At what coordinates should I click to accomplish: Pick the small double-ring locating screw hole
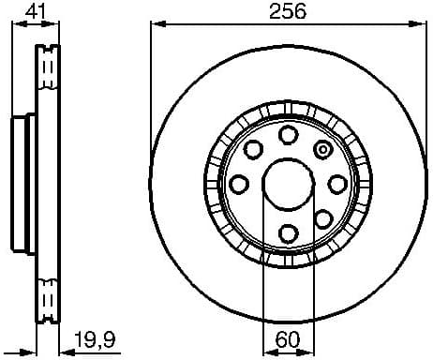(324, 148)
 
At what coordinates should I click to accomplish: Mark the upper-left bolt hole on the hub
(253, 149)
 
